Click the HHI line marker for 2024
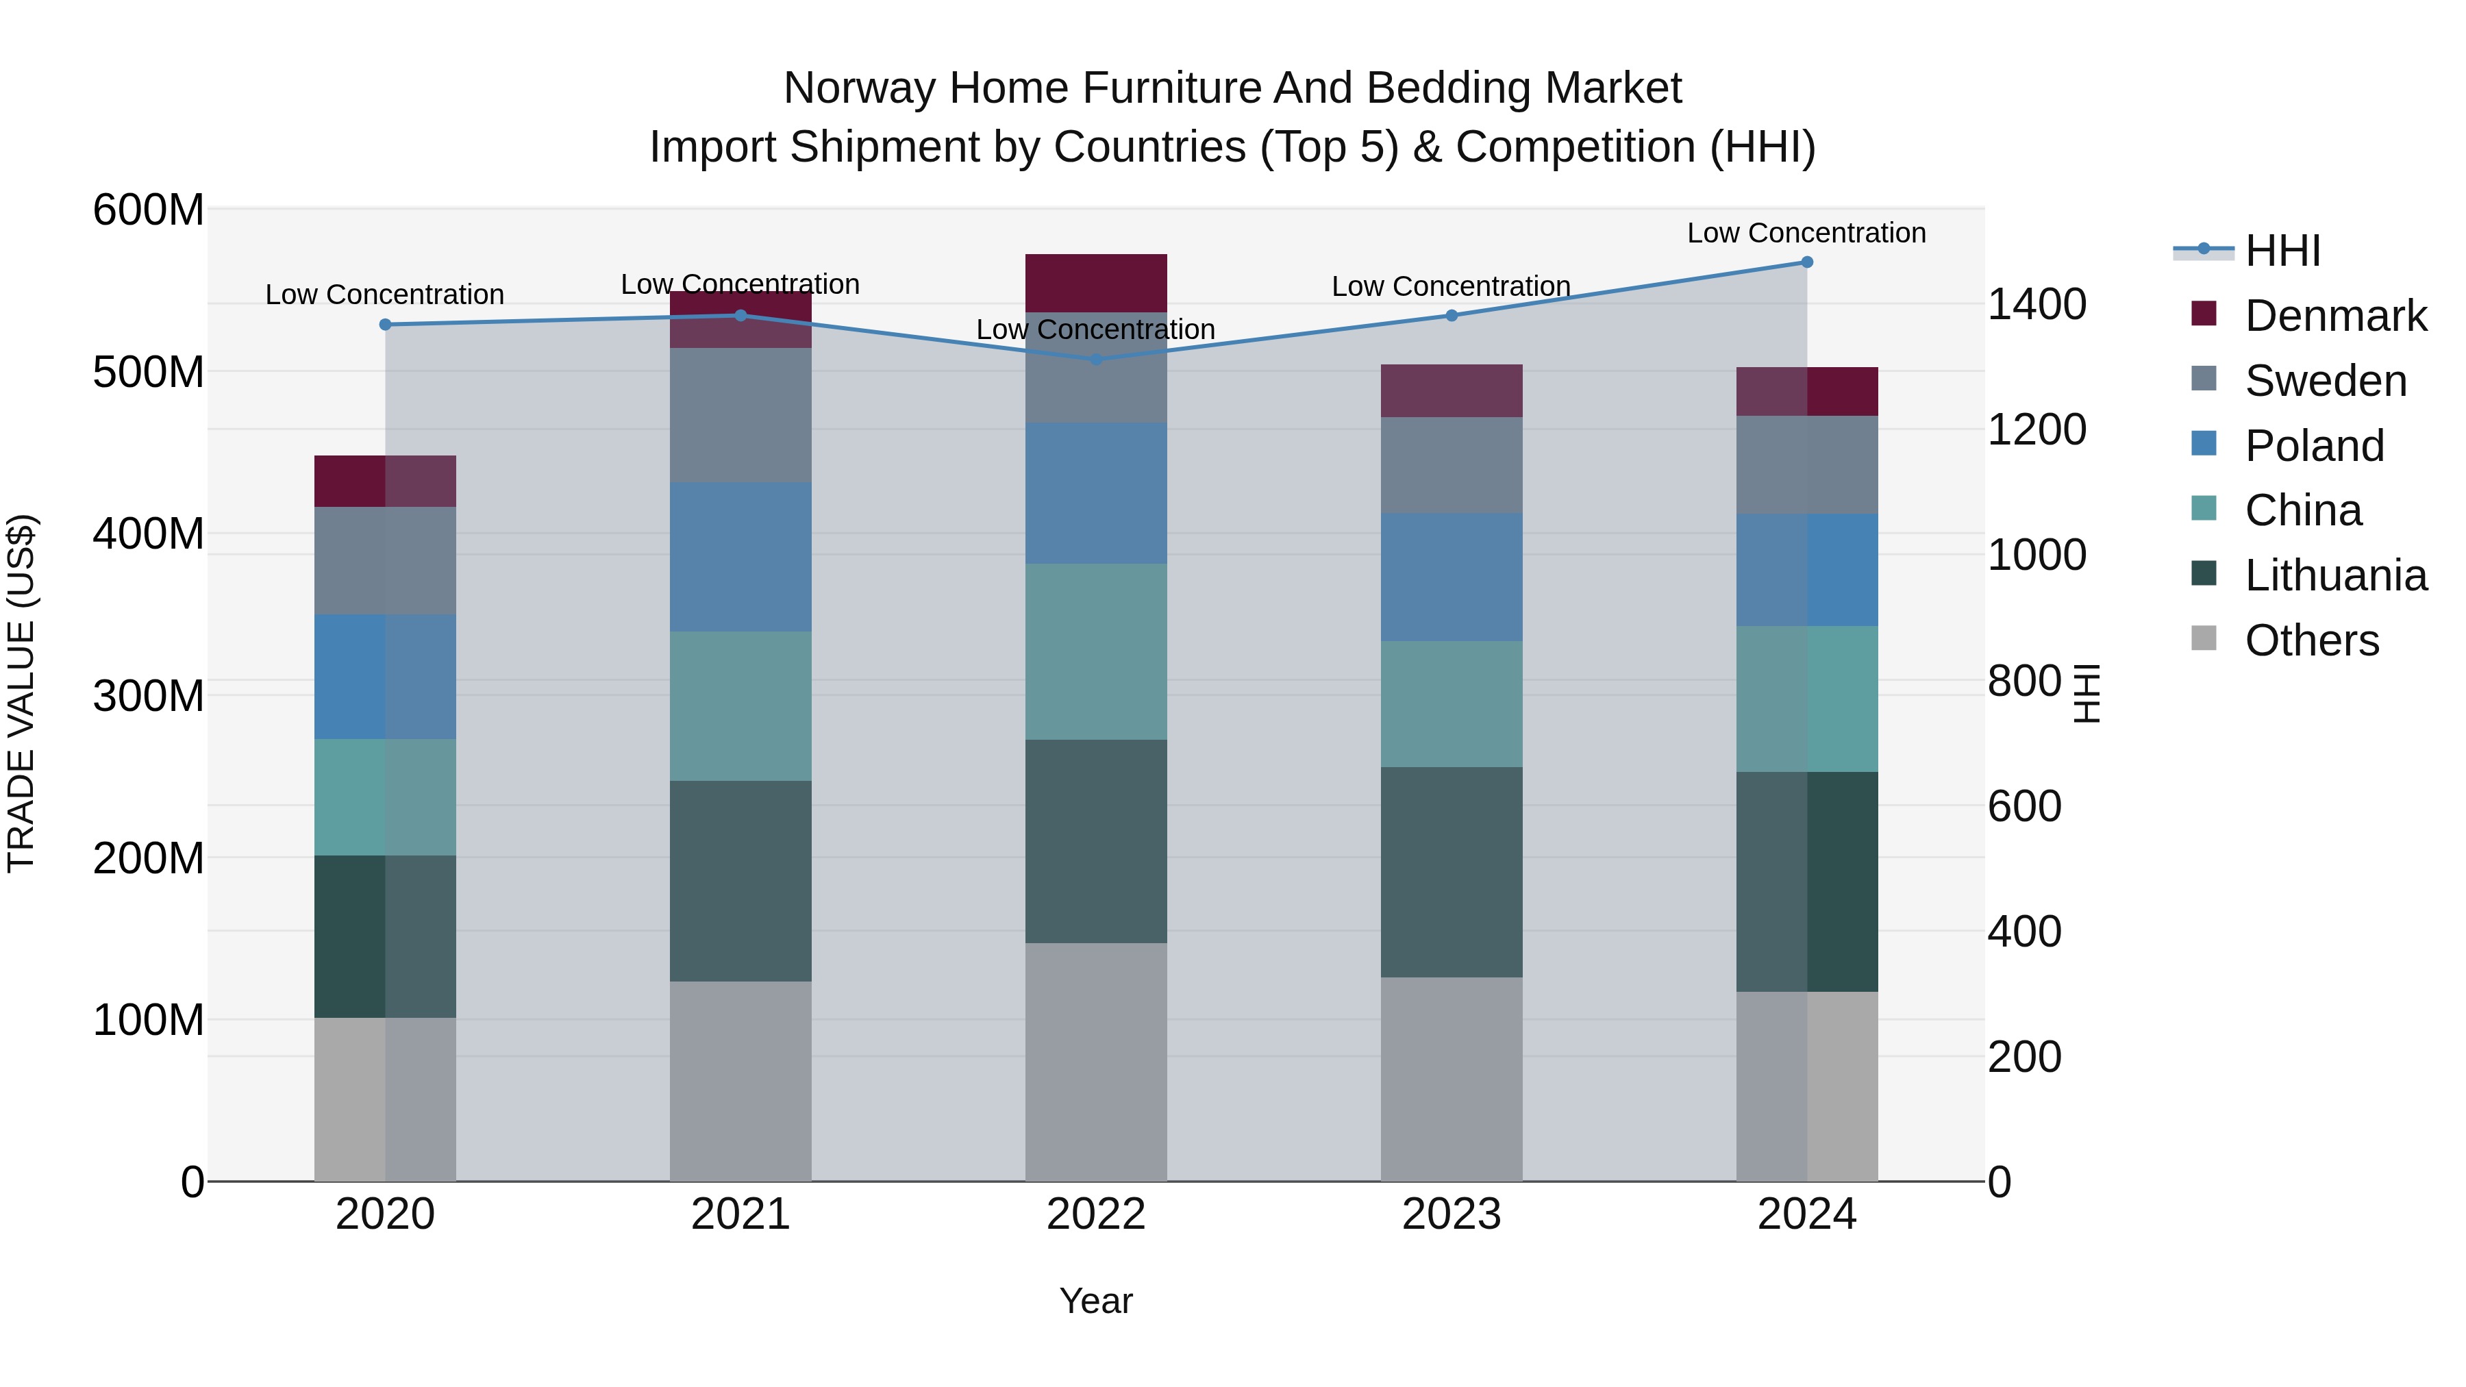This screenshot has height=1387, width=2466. coord(1806,262)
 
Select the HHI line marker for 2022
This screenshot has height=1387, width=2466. coord(1096,360)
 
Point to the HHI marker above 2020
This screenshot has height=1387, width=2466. coord(386,325)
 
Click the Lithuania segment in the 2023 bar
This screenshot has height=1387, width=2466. coord(1452,872)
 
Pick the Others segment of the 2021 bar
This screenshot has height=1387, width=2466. coord(741,1082)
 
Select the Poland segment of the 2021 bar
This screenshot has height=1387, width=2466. coord(741,557)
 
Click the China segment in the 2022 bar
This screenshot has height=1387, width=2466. coord(1096,652)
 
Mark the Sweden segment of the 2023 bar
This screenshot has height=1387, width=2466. coord(1452,465)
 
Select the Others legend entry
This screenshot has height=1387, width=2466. coord(2311,640)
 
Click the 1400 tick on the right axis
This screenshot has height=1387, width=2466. coord(2037,304)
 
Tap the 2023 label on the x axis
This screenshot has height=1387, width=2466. coord(1452,1214)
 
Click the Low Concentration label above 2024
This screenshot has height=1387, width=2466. coord(1806,233)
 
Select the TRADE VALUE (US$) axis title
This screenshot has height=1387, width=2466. coord(21,694)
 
